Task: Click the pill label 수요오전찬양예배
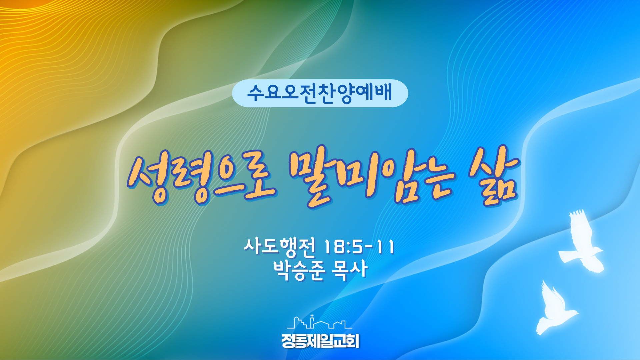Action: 320,93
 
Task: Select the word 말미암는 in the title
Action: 372,177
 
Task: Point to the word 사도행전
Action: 279,248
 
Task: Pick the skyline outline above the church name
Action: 319,322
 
